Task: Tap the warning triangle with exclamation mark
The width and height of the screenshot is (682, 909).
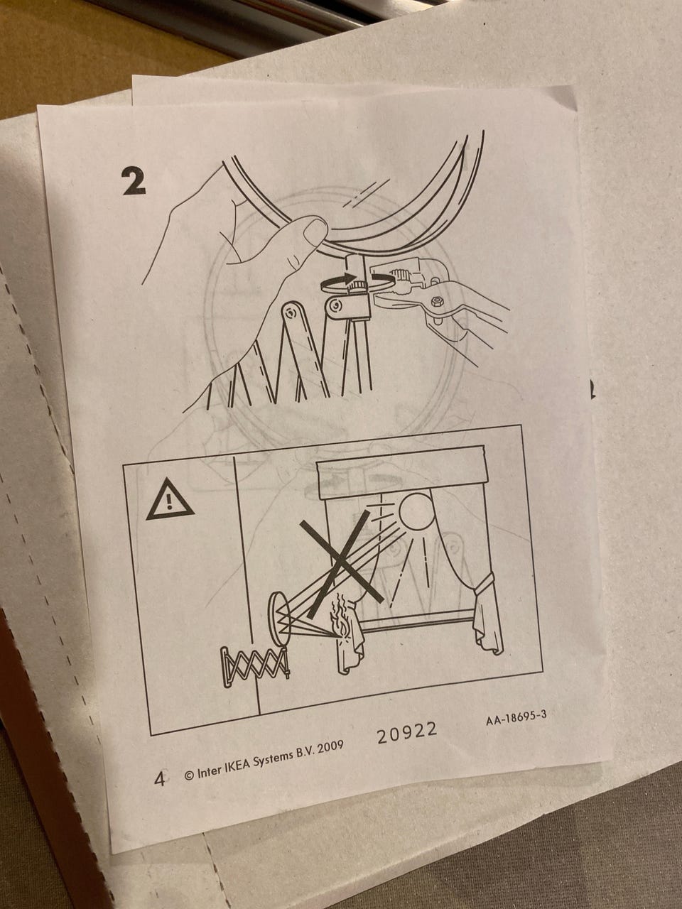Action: click(x=169, y=500)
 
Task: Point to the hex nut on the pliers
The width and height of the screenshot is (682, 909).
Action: click(x=436, y=302)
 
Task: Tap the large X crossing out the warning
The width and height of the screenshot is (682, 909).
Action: click(x=341, y=557)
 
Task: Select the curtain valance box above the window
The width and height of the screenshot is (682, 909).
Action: click(x=401, y=472)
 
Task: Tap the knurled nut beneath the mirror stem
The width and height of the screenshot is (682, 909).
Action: click(x=356, y=285)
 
